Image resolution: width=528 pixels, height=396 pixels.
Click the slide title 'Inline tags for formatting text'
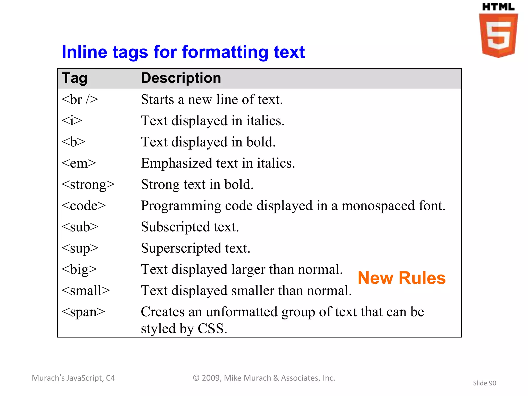pyautogui.click(x=183, y=52)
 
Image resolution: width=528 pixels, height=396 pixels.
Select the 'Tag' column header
pyautogui.click(x=75, y=78)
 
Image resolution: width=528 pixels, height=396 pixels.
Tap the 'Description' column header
pyautogui.click(x=181, y=78)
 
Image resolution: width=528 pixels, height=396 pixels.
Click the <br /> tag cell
pyautogui.click(x=80, y=100)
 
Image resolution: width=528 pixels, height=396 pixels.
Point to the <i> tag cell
pyautogui.click(x=72, y=121)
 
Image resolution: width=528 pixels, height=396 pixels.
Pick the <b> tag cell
pyautogui.click(x=73, y=142)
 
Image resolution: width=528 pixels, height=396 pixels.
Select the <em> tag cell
pyautogui.click(x=79, y=163)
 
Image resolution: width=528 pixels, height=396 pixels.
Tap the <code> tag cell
pyautogui.click(x=84, y=206)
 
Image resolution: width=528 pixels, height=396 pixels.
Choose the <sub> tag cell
pyautogui.click(x=80, y=227)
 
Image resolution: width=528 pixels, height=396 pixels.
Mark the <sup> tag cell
pyautogui.click(x=80, y=248)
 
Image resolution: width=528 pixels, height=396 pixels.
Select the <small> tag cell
pyautogui.click(x=86, y=291)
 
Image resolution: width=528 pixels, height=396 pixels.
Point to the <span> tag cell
pyautogui.click(x=83, y=312)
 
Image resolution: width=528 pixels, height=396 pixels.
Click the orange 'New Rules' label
pyautogui.click(x=401, y=278)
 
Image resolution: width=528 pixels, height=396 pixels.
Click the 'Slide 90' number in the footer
pyautogui.click(x=484, y=383)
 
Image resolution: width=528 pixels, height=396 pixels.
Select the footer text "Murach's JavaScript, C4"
pyautogui.click(x=73, y=378)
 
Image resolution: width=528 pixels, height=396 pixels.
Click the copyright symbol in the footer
pyautogui.click(x=196, y=378)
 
